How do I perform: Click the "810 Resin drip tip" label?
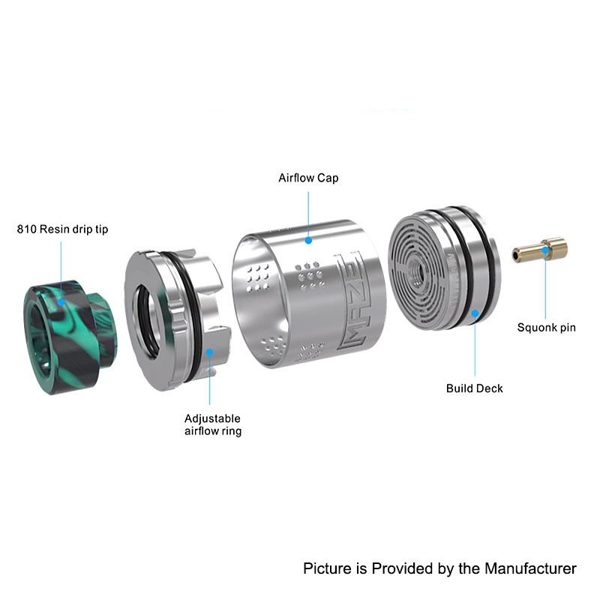click(62, 229)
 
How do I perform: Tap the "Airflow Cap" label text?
click(308, 178)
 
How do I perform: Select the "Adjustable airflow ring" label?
click(213, 424)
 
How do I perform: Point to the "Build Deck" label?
click(475, 388)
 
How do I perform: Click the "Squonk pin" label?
click(547, 328)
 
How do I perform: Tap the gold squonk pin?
click(540, 250)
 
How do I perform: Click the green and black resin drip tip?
click(70, 337)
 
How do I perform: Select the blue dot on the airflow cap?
click(308, 240)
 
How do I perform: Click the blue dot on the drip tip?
click(61, 302)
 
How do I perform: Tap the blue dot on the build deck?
click(475, 313)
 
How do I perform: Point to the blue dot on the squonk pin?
click(546, 250)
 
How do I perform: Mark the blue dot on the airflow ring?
click(210, 352)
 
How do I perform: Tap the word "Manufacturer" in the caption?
click(530, 568)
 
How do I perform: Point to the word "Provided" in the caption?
click(402, 568)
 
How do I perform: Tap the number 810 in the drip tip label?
click(26, 229)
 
